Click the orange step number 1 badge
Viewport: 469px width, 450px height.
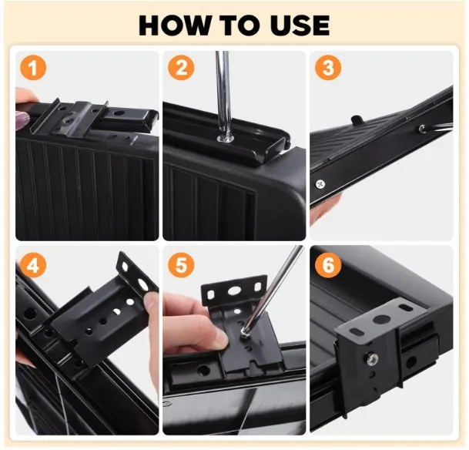pos(33,69)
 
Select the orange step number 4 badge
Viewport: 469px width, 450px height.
pos(33,266)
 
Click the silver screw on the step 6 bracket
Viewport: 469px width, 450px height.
pos(371,357)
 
